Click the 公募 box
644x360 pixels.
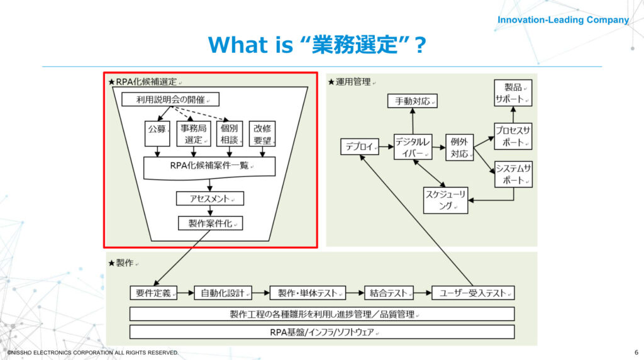[157, 133]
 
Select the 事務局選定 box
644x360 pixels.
[194, 133]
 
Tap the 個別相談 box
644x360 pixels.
[230, 133]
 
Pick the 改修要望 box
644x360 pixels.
[262, 133]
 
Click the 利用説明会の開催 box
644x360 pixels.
[170, 99]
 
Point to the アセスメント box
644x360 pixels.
[210, 198]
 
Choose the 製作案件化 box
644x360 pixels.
[210, 223]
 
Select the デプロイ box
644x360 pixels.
[359, 147]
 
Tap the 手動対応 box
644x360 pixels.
[413, 101]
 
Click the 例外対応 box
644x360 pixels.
[459, 147]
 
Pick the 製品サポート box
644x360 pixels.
[513, 93]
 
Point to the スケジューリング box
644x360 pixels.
[446, 200]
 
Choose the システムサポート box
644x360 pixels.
[513, 174]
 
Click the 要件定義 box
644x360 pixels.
[153, 293]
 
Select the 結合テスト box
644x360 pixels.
[389, 293]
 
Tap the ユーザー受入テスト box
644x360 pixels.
[473, 293]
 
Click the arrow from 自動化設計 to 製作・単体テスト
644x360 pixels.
[261, 293]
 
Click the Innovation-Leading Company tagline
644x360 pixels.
[563, 20]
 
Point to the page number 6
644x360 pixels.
[636, 352]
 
